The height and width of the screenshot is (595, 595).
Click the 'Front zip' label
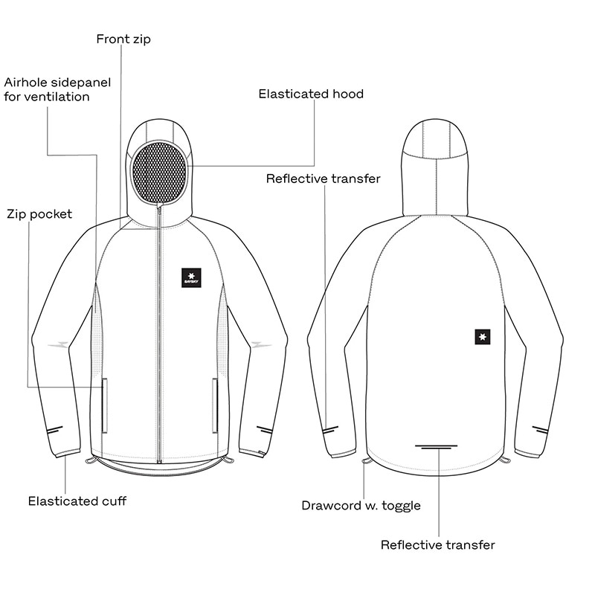pos(123,39)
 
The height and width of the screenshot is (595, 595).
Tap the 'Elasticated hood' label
pos(311,94)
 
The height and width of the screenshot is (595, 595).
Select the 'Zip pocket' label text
pos(39,214)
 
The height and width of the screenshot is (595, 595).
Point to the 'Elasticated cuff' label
pos(77,501)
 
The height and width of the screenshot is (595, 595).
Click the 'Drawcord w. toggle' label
pos(361,506)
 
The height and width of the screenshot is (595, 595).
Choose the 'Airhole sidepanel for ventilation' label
pos(57,89)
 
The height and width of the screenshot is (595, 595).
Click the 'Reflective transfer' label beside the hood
pos(323,178)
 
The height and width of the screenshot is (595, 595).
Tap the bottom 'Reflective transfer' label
pos(437,545)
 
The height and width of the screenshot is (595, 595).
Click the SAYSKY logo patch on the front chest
pos(191,277)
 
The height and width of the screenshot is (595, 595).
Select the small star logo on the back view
pos(482,337)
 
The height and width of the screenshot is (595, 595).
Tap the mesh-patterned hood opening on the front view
pos(159,172)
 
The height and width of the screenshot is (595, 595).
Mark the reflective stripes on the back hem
pos(436,447)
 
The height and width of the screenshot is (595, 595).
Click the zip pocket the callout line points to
pos(104,405)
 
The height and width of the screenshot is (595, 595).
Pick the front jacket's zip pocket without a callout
pos(215,405)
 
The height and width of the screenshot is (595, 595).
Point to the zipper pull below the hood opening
pos(159,209)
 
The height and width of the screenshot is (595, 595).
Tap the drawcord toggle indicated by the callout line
pos(367,460)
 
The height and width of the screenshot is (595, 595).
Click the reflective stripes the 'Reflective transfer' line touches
pos(330,430)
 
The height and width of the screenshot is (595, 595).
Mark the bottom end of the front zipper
pos(159,463)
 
